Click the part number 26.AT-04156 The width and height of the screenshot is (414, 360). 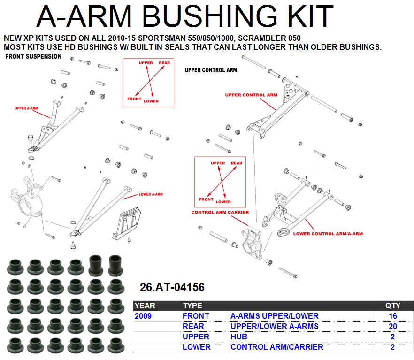pyautogui.click(x=172, y=287)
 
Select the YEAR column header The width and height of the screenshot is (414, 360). pyautogui.click(x=145, y=306)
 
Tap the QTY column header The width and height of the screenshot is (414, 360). pyautogui.click(x=392, y=306)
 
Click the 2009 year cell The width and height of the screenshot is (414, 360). pyautogui.click(x=143, y=316)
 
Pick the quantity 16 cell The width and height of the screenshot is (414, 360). pyautogui.click(x=392, y=316)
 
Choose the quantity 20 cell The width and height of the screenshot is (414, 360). pyautogui.click(x=392, y=326)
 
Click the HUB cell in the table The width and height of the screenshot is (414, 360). pyautogui.click(x=239, y=337)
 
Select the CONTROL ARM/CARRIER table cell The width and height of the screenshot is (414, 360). pyautogui.click(x=277, y=347)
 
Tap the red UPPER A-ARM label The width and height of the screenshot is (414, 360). pyautogui.click(x=26, y=108)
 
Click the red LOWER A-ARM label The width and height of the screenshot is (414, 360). pyautogui.click(x=151, y=194)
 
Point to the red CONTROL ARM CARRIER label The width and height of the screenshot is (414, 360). pyautogui.click(x=220, y=212)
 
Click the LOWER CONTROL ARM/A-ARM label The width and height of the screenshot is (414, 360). pyautogui.click(x=328, y=234)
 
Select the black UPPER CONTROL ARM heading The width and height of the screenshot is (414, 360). pyautogui.click(x=211, y=70)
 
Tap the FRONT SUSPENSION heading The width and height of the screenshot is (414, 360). pyautogui.click(x=33, y=56)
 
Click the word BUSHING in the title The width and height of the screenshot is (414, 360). pyautogui.click(x=210, y=16)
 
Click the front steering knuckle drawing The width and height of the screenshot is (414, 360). pyautogui.click(x=27, y=198)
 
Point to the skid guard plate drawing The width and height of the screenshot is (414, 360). pyautogui.click(x=126, y=223)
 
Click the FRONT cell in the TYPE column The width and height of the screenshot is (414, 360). pyautogui.click(x=196, y=316)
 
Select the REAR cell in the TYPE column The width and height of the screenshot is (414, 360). pyautogui.click(x=193, y=326)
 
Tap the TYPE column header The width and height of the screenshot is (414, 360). pyautogui.click(x=192, y=306)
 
